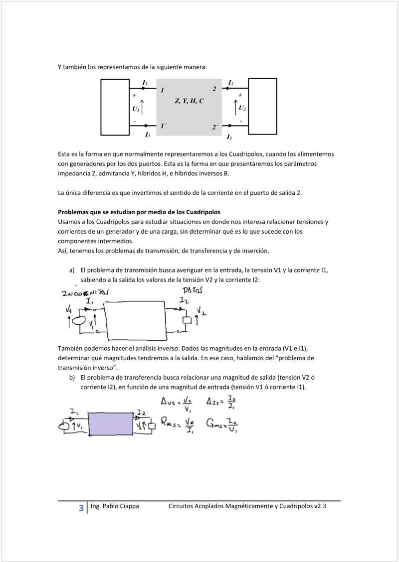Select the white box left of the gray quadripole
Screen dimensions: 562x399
[x=115, y=107]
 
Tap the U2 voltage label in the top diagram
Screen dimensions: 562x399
[x=242, y=108]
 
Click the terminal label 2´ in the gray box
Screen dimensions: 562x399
[x=215, y=128]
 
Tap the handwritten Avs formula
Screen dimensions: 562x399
[x=177, y=404]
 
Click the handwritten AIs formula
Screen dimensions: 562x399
[x=221, y=403]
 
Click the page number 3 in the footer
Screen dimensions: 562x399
[x=81, y=508]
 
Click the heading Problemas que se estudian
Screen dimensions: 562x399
[x=139, y=212]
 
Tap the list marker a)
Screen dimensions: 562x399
[x=72, y=270]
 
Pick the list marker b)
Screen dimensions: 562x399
[x=72, y=378]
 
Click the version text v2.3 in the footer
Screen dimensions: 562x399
[x=320, y=507]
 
